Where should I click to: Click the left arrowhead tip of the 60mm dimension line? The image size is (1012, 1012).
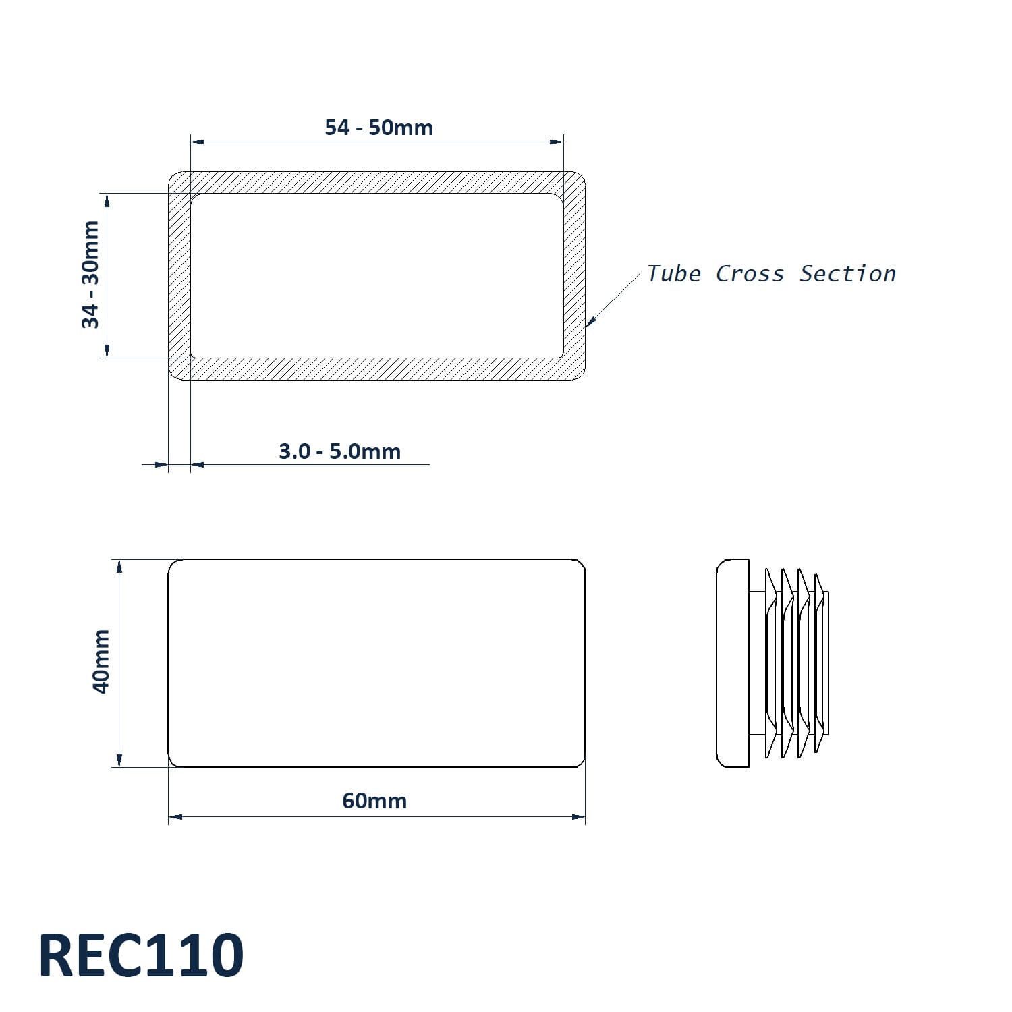[169, 817]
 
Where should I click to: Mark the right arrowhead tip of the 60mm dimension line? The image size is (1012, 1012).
[585, 817]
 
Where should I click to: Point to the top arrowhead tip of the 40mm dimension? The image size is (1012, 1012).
[119, 559]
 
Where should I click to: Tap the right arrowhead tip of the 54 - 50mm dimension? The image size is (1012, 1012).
[563, 142]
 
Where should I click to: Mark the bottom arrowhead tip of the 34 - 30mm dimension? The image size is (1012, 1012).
[107, 358]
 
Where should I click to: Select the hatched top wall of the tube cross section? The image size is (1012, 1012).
[376, 183]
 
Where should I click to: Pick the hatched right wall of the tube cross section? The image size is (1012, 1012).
[574, 276]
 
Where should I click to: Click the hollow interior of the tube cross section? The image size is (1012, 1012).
[376, 276]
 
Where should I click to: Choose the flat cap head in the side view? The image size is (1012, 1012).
[733, 663]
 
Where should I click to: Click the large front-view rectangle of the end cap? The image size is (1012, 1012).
[376, 663]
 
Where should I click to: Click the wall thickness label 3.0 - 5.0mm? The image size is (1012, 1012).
[340, 451]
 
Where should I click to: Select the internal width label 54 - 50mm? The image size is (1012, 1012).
[379, 128]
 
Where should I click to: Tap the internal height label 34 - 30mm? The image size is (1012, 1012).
[90, 275]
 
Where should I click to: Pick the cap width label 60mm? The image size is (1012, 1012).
[374, 801]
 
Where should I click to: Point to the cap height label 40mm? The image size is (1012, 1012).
[101, 661]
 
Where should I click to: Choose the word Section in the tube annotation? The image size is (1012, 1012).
[848, 274]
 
